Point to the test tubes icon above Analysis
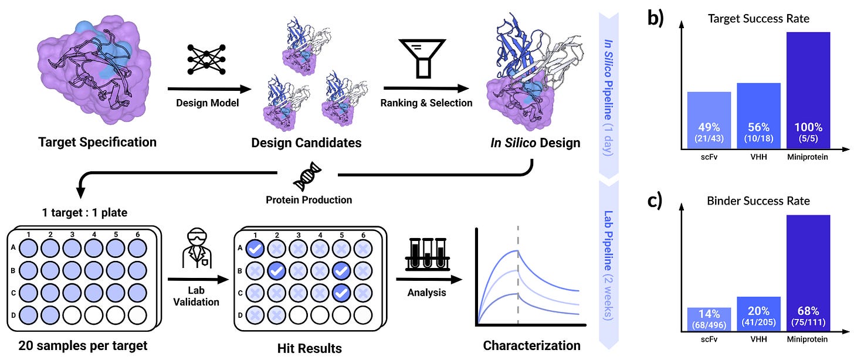[426, 254]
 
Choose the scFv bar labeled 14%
[709, 320]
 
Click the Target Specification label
[97, 142]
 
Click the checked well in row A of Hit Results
[255, 248]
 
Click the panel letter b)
[656, 18]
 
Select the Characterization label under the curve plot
[531, 345]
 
